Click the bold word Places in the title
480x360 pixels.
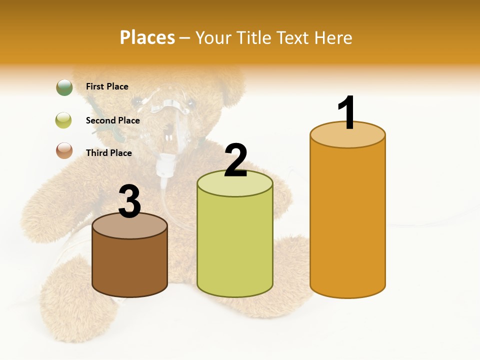(x=147, y=37)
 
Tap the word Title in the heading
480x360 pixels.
(x=252, y=37)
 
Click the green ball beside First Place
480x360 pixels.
(x=64, y=87)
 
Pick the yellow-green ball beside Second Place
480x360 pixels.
(x=64, y=120)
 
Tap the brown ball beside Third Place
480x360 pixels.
(x=64, y=151)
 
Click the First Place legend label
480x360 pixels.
(x=107, y=86)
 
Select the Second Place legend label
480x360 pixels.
(x=112, y=120)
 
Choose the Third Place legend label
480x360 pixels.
(x=108, y=153)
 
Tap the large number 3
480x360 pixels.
(x=130, y=202)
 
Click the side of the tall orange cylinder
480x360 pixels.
(x=347, y=220)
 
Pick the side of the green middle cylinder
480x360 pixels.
(x=234, y=245)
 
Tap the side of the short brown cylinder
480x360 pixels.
(x=130, y=267)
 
